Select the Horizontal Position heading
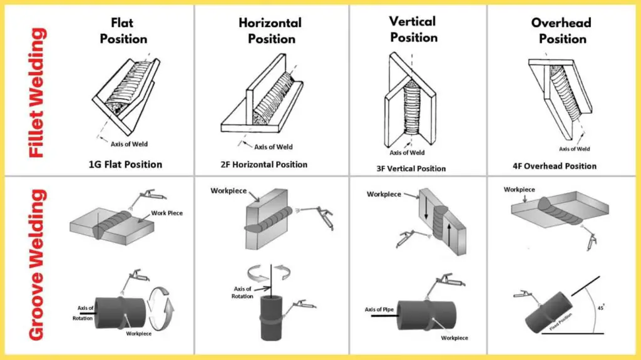tap(270, 31)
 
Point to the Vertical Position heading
tap(413, 29)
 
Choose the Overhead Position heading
tap(562, 31)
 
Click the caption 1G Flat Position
tap(125, 165)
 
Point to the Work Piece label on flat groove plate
tap(166, 213)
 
